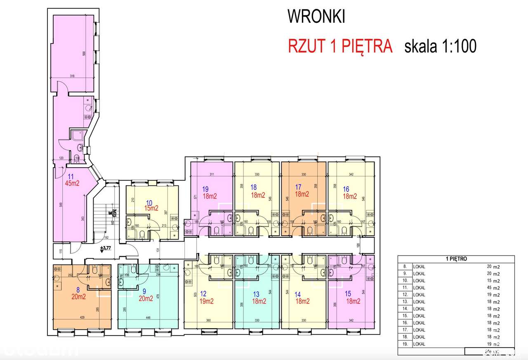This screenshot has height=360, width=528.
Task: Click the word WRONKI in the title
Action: coord(316,17)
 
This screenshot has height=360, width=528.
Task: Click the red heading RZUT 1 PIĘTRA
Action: coord(339,46)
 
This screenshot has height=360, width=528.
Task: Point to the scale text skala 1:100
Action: coord(441,46)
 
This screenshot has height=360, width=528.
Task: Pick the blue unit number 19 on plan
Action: coord(205,189)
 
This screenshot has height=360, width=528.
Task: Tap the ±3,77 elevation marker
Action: coord(106,248)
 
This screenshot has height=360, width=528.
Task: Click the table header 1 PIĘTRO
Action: coord(456,259)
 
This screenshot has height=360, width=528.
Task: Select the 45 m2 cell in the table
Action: coord(493,288)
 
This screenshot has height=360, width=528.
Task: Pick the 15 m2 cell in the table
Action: coord(493,281)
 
